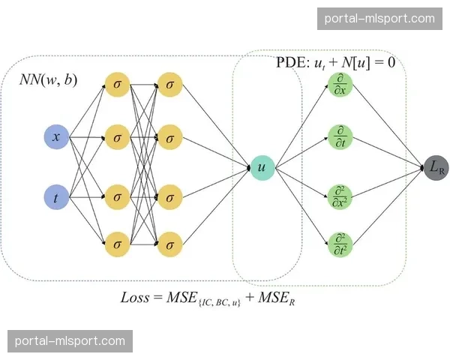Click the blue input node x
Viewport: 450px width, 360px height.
(x=56, y=137)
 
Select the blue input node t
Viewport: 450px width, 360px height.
(x=56, y=198)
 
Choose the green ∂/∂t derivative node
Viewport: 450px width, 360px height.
(x=340, y=137)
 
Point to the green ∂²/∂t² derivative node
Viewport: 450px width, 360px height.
(x=340, y=244)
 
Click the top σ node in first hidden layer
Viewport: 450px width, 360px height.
(x=116, y=85)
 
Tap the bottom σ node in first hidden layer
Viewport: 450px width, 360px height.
(x=116, y=244)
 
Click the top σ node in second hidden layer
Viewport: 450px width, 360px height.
(x=170, y=85)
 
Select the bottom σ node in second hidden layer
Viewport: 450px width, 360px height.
(x=170, y=244)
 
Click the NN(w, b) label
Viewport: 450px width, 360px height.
(x=48, y=79)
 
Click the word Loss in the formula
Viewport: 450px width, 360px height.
(x=135, y=297)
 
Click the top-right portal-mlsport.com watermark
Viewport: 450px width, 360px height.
(x=379, y=18)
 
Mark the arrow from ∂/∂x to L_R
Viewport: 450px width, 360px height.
(x=388, y=125)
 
